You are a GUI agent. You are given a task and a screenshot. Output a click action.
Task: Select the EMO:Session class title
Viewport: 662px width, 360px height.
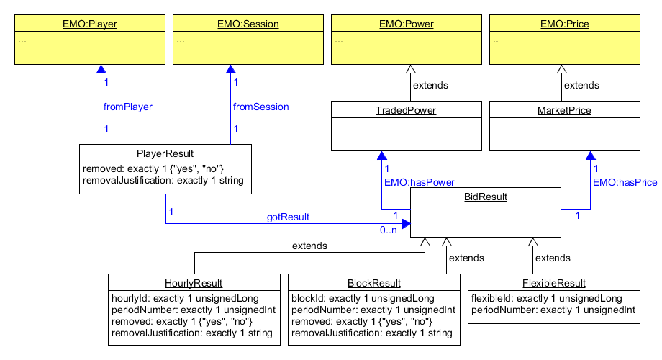point(248,24)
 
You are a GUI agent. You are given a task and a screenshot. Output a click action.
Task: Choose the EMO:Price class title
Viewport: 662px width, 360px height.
point(565,24)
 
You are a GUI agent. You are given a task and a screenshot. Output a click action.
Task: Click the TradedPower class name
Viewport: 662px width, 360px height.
point(407,110)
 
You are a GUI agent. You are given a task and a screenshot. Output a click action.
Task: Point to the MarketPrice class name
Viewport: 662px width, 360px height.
point(565,110)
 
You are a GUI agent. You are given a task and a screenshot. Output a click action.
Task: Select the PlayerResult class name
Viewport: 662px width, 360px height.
point(165,153)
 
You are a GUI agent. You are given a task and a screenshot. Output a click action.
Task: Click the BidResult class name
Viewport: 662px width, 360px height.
point(485,197)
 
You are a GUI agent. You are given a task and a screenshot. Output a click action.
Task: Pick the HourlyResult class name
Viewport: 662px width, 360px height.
point(194,283)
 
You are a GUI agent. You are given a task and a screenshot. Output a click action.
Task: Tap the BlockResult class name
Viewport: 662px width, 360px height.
point(373,283)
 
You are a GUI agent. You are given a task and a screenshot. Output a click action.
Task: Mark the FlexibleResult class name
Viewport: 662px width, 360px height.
point(553,283)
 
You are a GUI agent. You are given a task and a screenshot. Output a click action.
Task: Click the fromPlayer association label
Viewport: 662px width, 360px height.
point(128,107)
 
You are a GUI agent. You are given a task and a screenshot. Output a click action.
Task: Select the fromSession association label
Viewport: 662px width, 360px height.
point(261,107)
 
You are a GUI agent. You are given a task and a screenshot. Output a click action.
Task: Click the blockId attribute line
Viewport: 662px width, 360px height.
point(363,298)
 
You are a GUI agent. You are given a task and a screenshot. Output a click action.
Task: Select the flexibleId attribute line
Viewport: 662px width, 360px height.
point(546,298)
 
